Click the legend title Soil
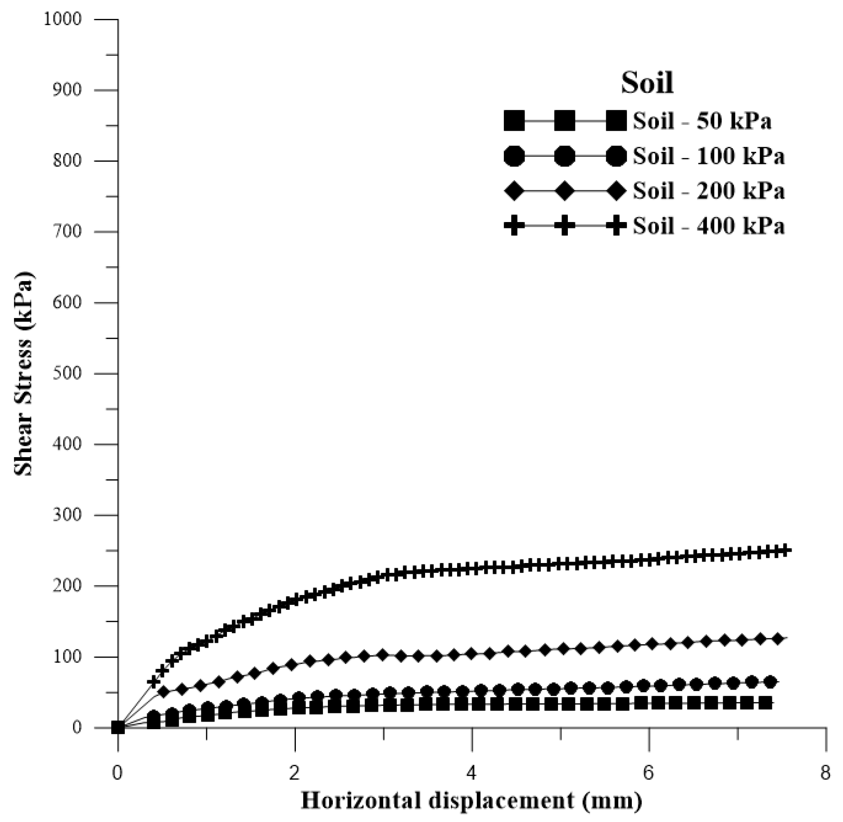point(647,83)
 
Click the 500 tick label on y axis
point(67,373)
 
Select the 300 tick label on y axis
point(67,515)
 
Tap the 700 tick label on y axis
point(67,232)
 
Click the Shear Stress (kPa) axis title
point(23,373)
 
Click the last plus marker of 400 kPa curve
point(785,550)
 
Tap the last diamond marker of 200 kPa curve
point(777,639)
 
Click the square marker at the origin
point(118,727)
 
